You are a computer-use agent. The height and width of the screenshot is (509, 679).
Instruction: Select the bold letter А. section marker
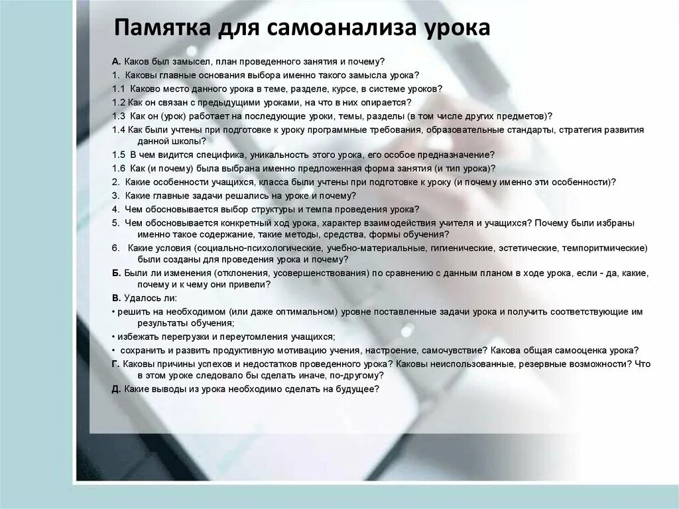116,62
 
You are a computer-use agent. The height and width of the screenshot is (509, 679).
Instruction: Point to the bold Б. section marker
116,273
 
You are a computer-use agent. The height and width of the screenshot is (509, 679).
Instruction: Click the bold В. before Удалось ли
116,298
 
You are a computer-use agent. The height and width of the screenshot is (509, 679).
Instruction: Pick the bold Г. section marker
115,364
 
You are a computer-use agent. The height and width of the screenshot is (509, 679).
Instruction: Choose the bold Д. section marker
116,389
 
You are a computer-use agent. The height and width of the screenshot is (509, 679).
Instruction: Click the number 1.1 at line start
119,88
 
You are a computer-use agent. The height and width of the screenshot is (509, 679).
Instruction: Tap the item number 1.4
119,129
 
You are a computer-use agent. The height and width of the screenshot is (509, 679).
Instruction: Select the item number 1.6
119,169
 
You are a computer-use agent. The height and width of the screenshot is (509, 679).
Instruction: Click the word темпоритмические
604,248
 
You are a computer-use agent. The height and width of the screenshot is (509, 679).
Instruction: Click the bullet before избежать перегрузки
113,336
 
